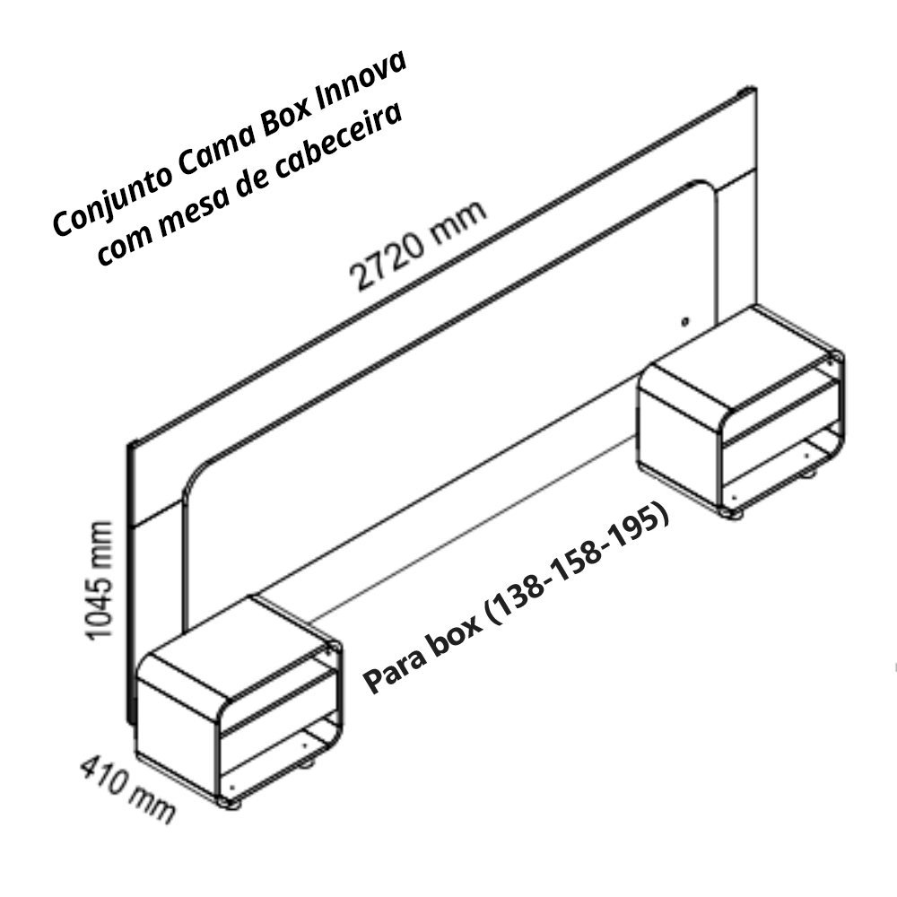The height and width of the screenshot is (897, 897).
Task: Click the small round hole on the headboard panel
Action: pos(684,320)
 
